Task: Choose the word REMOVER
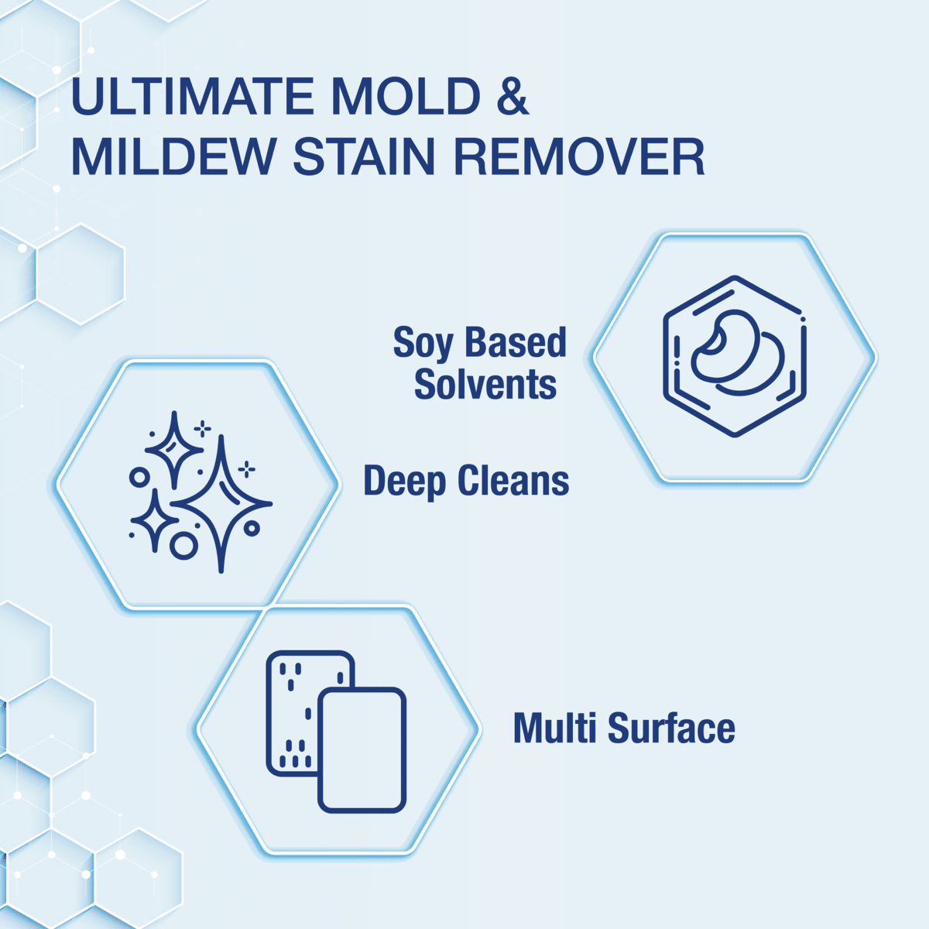coord(580,156)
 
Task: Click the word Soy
coord(423,343)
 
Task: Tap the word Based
coord(516,341)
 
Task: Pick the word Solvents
coord(485,384)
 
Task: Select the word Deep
coord(404,481)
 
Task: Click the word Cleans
coord(513,480)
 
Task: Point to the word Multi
coord(555,727)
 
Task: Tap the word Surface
coord(671,727)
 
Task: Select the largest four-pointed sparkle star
coord(221,504)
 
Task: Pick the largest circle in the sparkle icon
coord(183,546)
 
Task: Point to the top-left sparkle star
coord(174,450)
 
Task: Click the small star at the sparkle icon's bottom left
coord(155,521)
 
